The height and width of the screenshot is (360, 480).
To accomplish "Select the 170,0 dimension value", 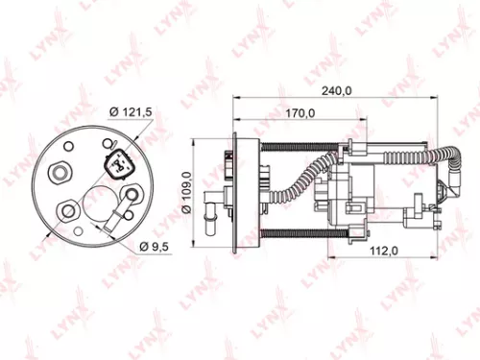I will point(301,112).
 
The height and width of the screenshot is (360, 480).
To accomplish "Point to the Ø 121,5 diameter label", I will point(132,113).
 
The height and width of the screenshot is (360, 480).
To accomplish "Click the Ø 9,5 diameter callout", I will point(155,247).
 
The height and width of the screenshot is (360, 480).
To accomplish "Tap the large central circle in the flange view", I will point(99,202).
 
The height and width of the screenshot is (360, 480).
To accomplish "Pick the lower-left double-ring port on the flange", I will point(68,210).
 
